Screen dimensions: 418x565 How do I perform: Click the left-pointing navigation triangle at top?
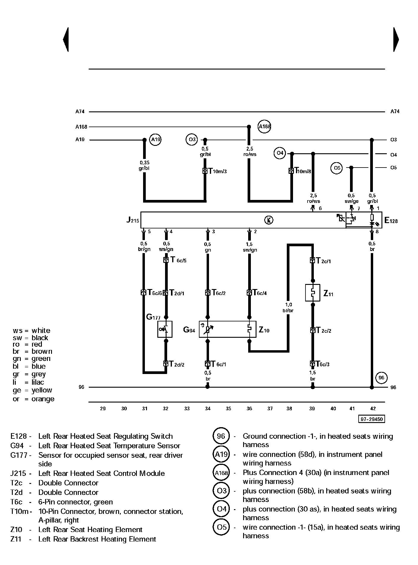point(66,40)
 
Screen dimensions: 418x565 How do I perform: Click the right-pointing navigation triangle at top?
point(396,40)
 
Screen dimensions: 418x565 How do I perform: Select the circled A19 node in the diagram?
point(155,140)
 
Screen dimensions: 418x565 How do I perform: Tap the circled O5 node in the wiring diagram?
point(336,168)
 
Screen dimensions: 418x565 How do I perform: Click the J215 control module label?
point(132,220)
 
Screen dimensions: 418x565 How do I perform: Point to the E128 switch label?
point(391,220)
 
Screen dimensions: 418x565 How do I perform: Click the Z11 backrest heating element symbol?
point(313,293)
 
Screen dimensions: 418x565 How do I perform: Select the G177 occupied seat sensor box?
point(165,329)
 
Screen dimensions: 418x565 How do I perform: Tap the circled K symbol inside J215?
point(269,220)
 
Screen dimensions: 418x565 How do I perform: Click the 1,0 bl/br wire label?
point(288,307)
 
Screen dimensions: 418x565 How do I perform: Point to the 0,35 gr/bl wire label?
point(144,165)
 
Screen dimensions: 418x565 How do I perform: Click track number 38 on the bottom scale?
point(289,408)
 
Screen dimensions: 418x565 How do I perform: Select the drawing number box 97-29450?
point(371,419)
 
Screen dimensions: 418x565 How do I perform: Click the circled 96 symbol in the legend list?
point(221,436)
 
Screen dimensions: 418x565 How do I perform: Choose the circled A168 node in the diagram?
point(265,127)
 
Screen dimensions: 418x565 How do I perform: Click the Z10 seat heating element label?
point(264,330)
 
